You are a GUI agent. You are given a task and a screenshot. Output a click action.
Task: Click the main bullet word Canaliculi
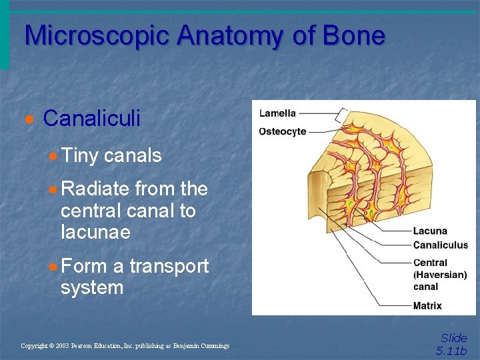tap(92, 119)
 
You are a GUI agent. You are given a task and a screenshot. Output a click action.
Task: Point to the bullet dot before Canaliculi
tap(28, 119)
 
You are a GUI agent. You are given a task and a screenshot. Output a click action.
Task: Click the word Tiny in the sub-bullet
tap(79, 156)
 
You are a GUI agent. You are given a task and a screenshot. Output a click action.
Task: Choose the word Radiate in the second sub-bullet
tap(95, 189)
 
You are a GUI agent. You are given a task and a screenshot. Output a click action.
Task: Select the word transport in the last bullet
tap(169, 266)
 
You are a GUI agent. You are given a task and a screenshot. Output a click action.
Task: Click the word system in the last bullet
tap(92, 288)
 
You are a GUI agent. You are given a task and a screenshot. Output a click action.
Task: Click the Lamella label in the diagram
tap(277, 113)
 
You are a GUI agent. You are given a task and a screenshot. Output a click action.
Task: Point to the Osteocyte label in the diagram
tap(283, 131)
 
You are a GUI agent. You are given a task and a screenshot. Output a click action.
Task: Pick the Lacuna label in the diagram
tap(430, 231)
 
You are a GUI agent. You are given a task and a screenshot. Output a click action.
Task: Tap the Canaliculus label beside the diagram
tap(441, 245)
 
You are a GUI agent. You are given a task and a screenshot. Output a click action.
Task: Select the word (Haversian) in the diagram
tap(441, 275)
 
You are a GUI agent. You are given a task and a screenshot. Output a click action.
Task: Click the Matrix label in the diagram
tap(427, 306)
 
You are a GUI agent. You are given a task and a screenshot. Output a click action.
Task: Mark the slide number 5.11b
tap(451, 351)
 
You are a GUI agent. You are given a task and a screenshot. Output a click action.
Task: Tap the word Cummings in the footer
tap(213, 346)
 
